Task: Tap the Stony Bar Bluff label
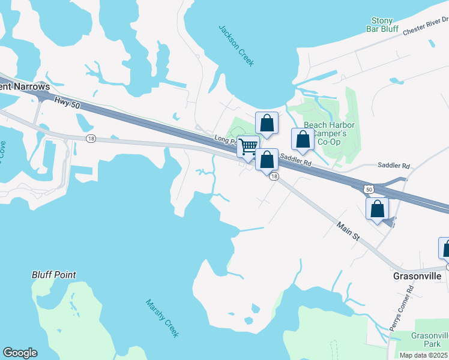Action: (382, 25)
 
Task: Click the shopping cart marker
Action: (247, 147)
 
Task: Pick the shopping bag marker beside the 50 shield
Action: (378, 209)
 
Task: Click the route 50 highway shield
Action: (369, 189)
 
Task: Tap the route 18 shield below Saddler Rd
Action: (274, 176)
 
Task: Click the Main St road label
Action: (348, 232)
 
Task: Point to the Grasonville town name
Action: (417, 276)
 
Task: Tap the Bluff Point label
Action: (54, 275)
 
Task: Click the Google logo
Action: (20, 353)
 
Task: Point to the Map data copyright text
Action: (424, 355)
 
